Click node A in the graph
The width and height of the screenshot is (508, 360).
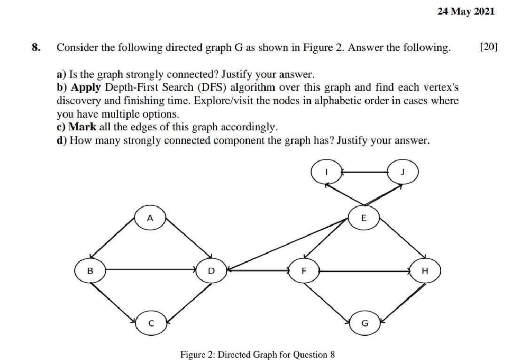coord(150,218)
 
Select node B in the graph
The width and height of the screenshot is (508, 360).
coord(90,271)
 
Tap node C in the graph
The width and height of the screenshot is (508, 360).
coord(151,323)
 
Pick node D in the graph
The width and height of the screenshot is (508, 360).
coord(211,271)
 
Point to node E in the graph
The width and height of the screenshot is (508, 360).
coord(363,218)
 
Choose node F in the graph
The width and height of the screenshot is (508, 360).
coord(304,271)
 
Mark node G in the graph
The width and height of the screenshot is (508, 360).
coord(364,323)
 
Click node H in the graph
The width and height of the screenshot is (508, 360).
coord(425,271)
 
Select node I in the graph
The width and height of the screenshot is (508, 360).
coord(326,172)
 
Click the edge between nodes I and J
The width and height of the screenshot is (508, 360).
coord(364,172)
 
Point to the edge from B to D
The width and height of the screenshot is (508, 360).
coord(151,270)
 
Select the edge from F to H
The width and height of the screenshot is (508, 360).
coord(365,271)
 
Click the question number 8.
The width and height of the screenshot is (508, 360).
coord(36,48)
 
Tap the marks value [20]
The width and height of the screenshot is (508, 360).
coord(488,48)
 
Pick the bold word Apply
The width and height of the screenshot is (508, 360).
coord(86,88)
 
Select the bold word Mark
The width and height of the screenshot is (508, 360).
coord(82,127)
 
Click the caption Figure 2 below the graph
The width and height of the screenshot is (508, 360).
coord(257,354)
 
